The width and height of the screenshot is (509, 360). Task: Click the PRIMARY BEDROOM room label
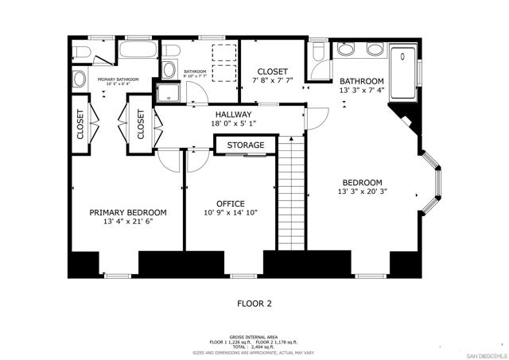point(127,212)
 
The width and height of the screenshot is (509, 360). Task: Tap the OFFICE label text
point(230,203)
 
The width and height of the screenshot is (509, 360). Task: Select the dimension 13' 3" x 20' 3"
point(362,191)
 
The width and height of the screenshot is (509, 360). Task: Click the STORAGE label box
point(246,145)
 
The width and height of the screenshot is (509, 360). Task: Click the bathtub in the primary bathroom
point(138,53)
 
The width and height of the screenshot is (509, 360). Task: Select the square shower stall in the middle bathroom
point(169,93)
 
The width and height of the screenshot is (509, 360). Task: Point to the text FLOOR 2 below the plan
point(254,303)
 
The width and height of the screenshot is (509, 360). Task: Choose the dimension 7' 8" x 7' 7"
point(272,80)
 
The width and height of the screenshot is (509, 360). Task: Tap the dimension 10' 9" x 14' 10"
point(230,212)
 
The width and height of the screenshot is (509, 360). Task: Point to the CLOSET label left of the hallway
point(141,123)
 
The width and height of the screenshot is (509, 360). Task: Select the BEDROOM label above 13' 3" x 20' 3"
point(362,182)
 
